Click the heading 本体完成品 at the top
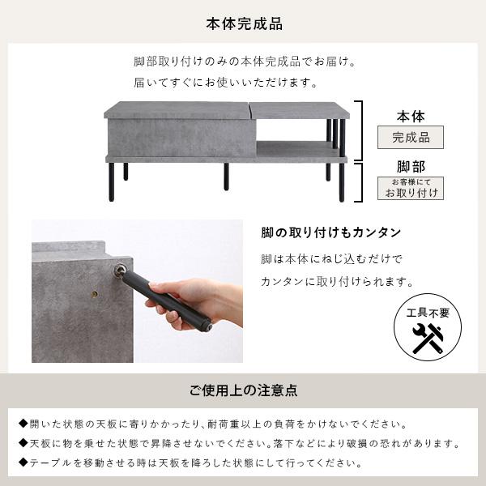pos(243,24)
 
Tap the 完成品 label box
pos(411,138)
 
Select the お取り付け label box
pos(411,188)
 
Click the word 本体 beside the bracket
pos(411,117)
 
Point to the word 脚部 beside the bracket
pos(411,167)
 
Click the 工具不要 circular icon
pos(427,327)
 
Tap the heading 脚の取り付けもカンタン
pos(331,233)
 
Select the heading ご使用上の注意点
pos(243,390)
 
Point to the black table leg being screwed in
pos(166,296)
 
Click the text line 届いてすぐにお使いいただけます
pos(226,83)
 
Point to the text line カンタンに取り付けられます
pos(337,282)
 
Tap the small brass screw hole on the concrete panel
pos(95,294)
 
